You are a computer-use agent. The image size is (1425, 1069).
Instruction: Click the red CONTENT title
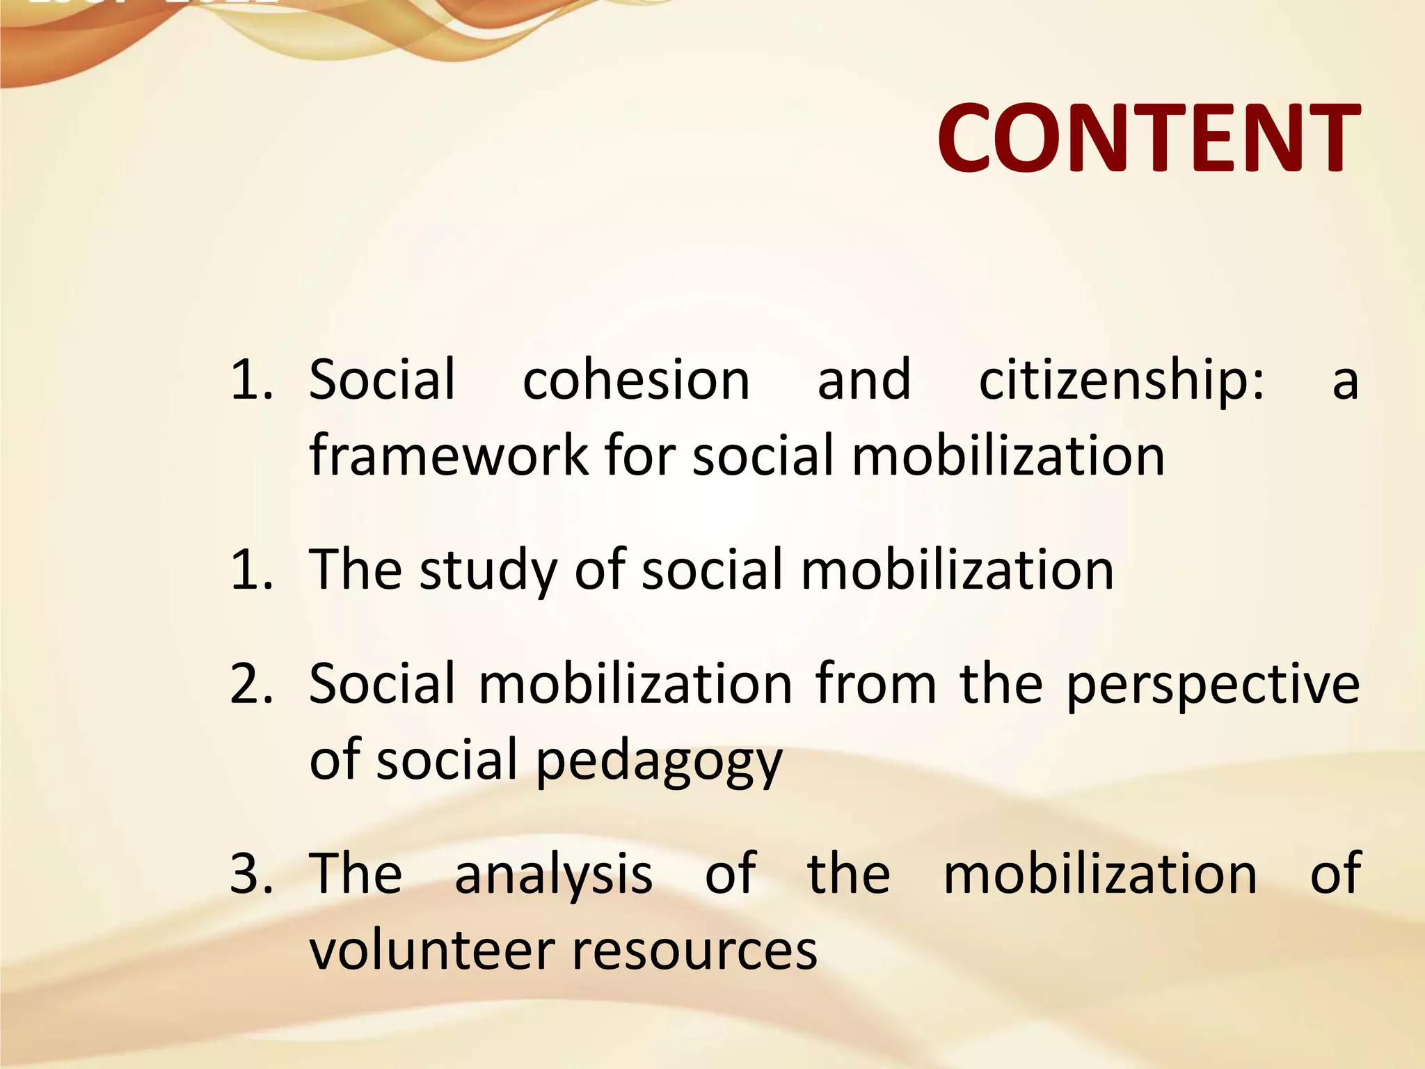coord(1148,138)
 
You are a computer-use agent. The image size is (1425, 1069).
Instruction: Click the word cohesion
coord(636,380)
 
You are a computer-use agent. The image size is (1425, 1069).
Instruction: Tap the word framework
coord(449,455)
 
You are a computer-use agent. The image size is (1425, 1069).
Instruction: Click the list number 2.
coord(250,684)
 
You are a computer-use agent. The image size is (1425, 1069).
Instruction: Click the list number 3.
coord(250,874)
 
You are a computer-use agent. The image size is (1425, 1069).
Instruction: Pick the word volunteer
coord(431,951)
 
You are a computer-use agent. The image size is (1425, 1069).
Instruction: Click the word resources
coord(694,952)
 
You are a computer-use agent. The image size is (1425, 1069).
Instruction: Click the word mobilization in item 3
coord(1100,874)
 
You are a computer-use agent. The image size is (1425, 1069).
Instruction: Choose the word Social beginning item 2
coord(381,684)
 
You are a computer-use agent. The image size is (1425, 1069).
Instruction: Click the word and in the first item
coord(863,380)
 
